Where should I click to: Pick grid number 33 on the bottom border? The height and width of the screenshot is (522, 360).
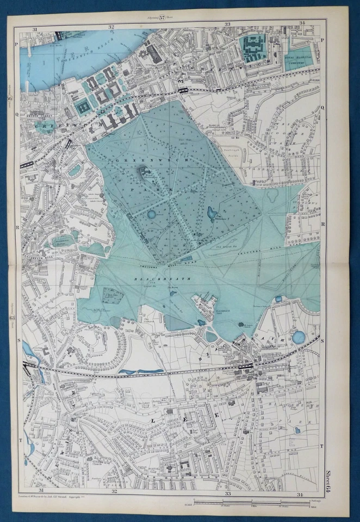(x=228, y=494)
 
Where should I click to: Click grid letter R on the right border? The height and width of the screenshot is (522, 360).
(x=323, y=223)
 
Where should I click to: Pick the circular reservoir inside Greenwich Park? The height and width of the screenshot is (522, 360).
(x=151, y=214)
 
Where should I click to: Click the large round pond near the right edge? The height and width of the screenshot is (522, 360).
(x=299, y=337)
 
